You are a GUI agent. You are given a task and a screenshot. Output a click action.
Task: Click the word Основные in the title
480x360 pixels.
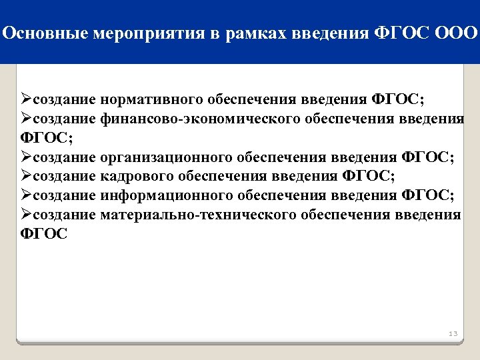(x=40, y=33)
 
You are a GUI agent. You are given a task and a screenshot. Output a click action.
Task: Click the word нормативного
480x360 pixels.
(x=153, y=100)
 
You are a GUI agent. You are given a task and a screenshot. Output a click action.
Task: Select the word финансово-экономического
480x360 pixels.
(x=201, y=119)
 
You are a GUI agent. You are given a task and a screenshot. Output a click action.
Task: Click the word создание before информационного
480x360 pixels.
(x=64, y=195)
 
